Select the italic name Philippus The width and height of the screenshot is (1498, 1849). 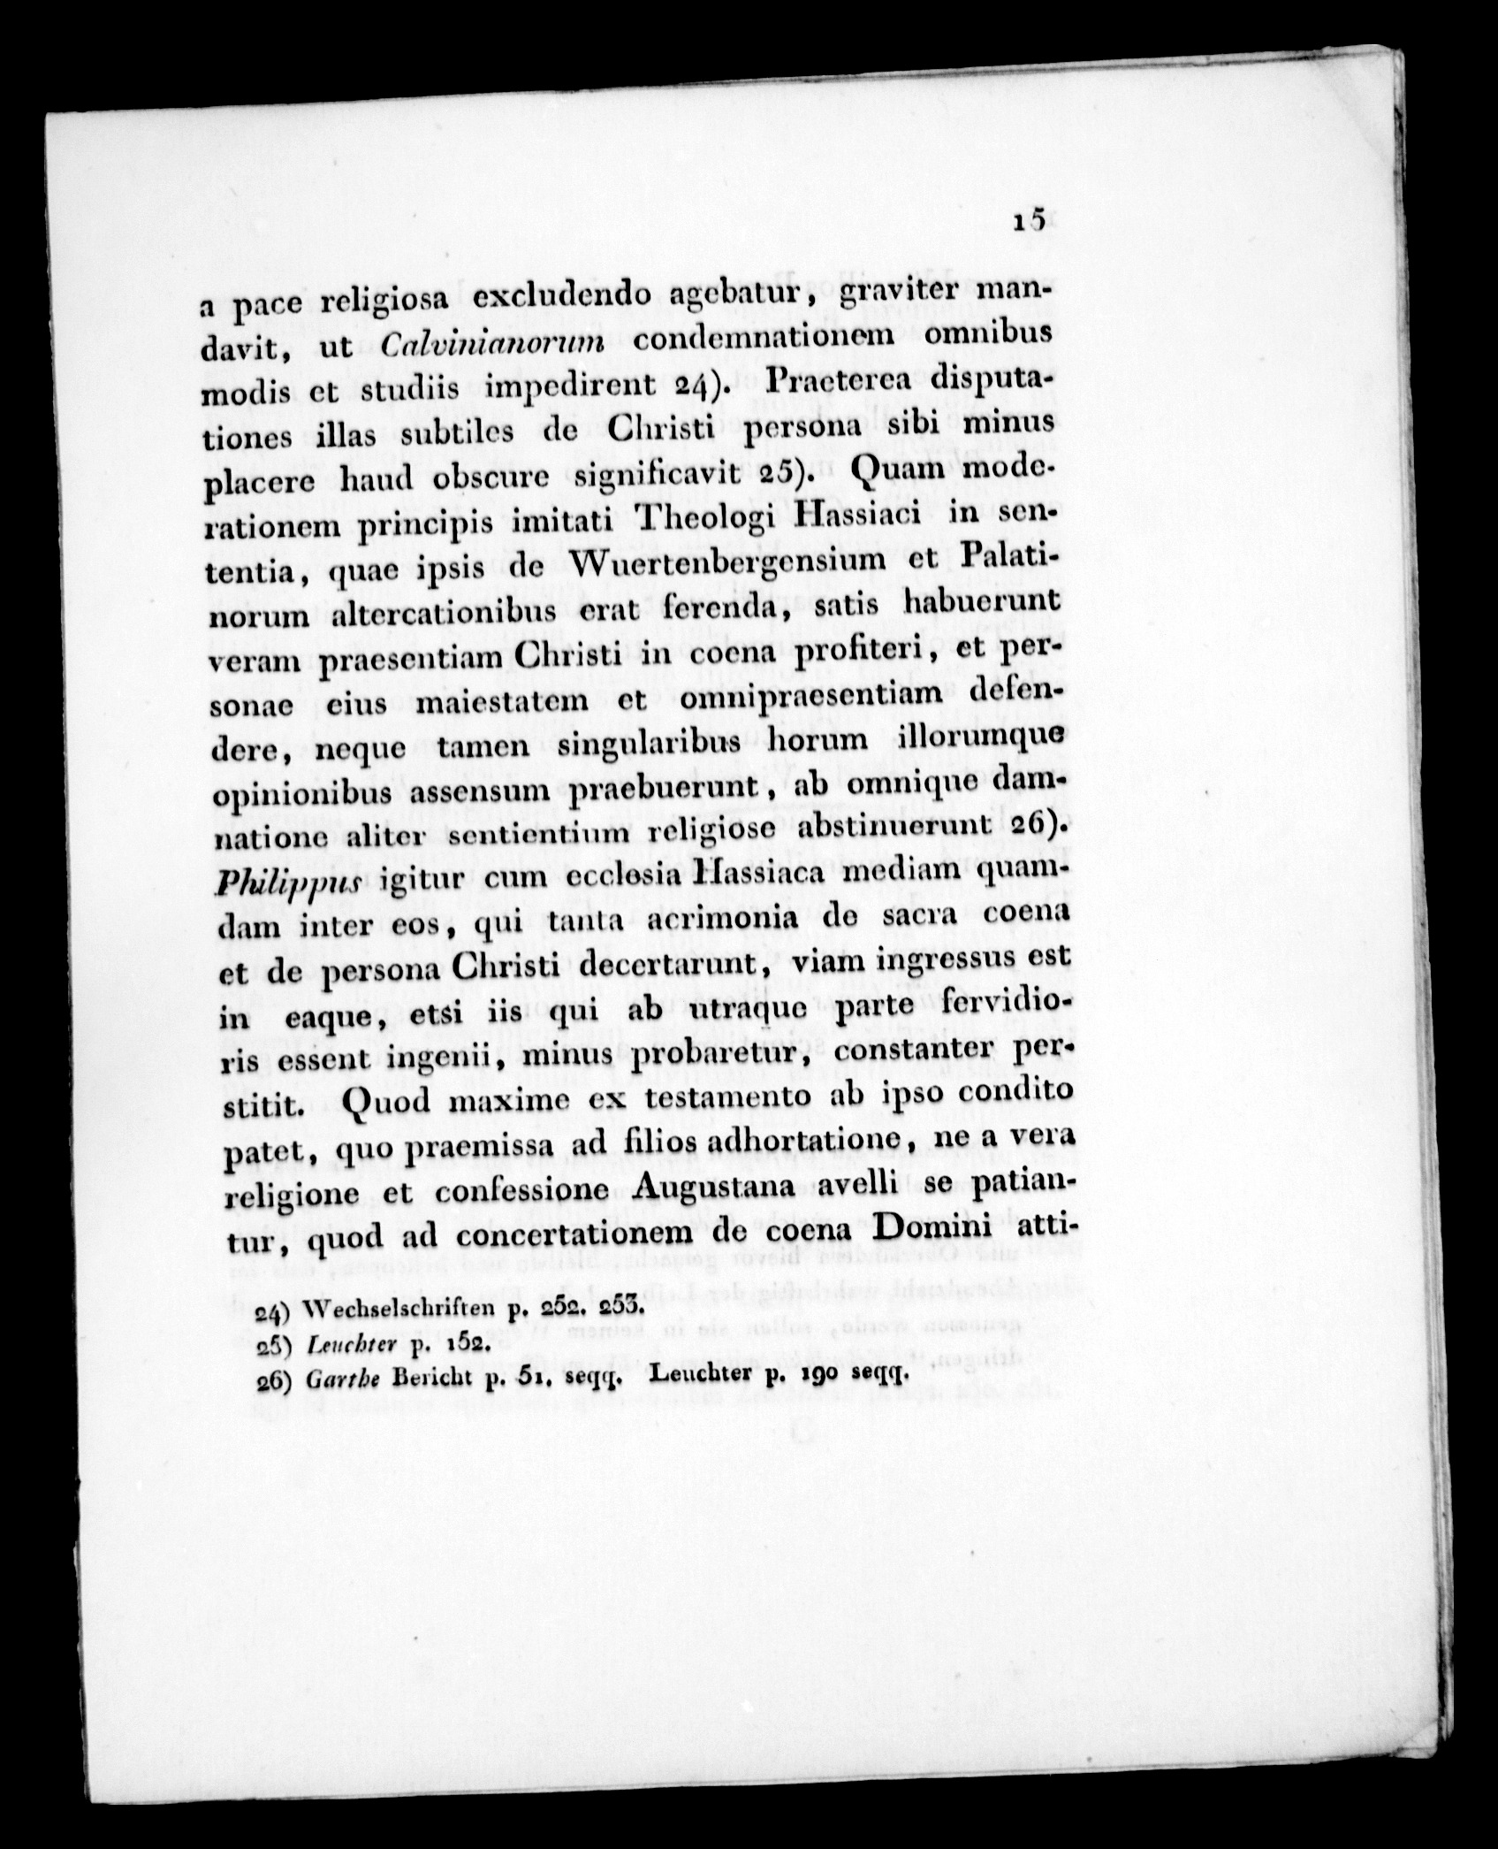click(x=265, y=883)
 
